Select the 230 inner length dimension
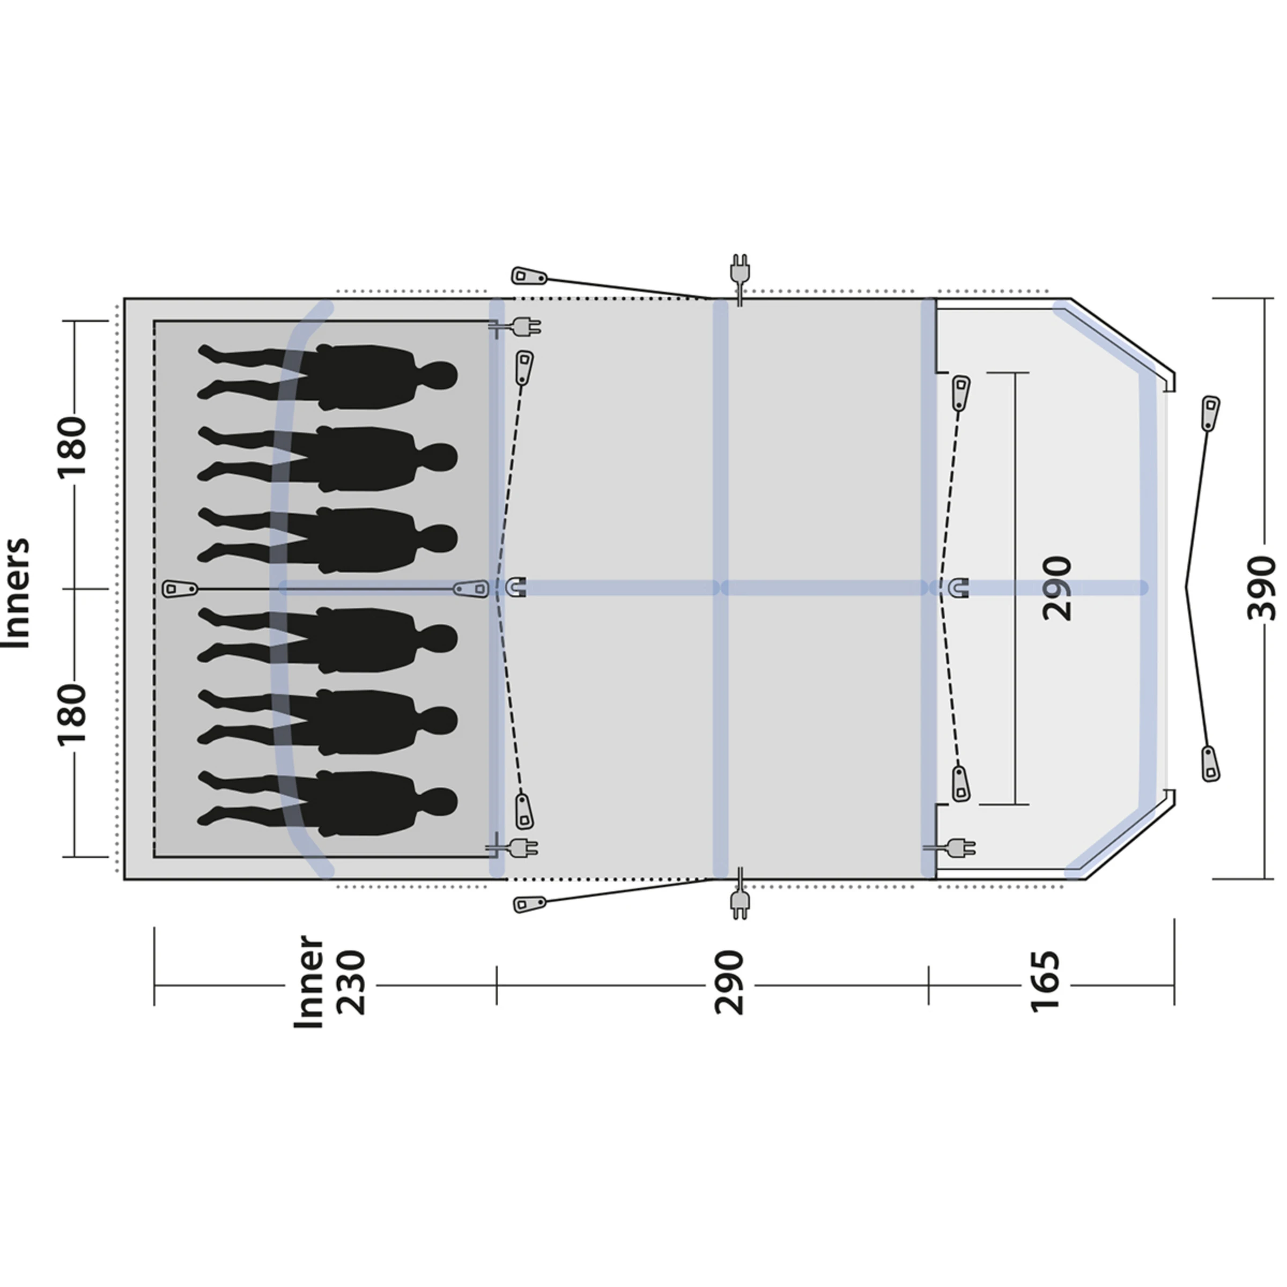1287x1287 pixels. point(351,982)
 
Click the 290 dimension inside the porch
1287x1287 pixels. point(1057,588)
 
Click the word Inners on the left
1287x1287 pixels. point(17,592)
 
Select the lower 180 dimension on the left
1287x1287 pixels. point(72,713)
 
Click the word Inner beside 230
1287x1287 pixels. point(309,982)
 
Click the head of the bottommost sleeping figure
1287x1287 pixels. point(439,803)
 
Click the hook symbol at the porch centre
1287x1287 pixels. point(959,588)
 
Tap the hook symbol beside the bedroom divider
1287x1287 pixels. point(517,588)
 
